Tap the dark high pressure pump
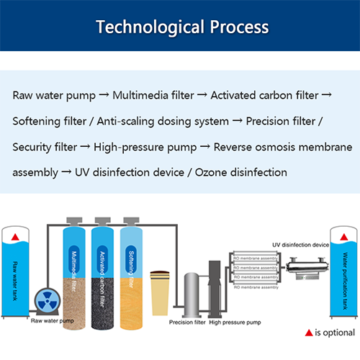pyautogui.click(x=214, y=288)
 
